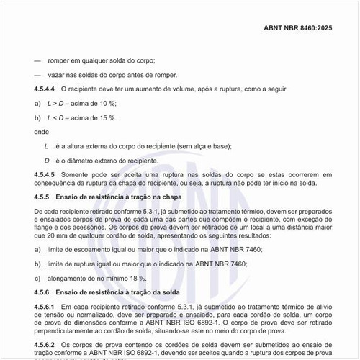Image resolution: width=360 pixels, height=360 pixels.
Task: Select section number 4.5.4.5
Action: click(x=45, y=174)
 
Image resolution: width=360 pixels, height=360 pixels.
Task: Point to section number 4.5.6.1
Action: click(x=45, y=307)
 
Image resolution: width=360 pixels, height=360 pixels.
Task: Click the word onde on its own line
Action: click(x=42, y=132)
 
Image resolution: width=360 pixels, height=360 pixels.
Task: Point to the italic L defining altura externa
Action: click(x=46, y=146)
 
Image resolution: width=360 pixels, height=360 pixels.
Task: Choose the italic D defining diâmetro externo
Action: click(x=47, y=160)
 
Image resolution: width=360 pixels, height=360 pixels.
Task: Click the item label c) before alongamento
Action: click(x=37, y=277)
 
